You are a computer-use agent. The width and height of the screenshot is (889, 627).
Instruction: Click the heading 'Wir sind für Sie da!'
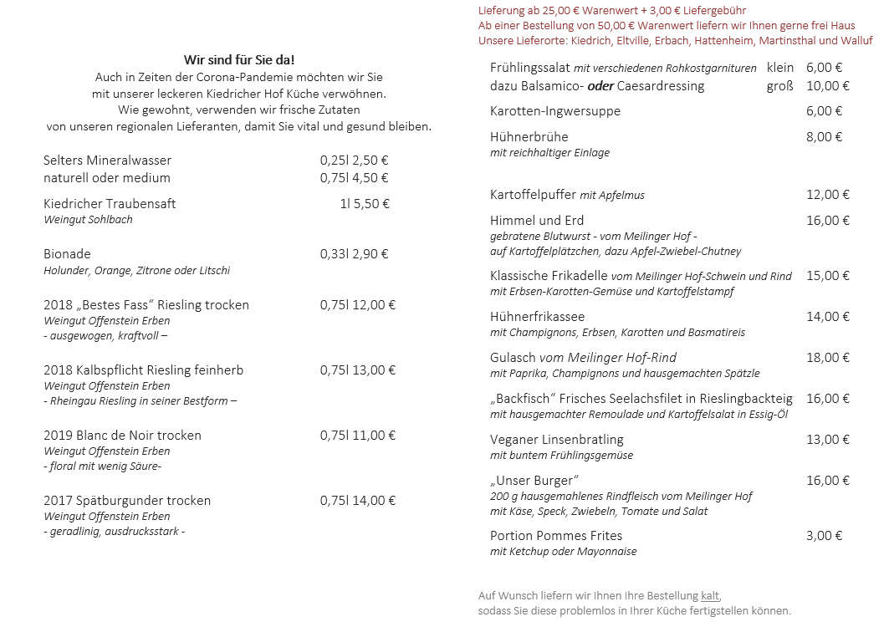[x=239, y=59]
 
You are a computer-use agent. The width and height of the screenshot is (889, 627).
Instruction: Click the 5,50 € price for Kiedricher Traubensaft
[x=371, y=203]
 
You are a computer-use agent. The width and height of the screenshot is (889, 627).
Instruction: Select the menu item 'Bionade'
[x=67, y=254]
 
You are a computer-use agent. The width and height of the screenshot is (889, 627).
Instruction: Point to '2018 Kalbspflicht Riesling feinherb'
[x=143, y=370]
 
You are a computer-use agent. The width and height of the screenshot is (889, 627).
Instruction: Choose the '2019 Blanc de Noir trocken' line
[x=122, y=436]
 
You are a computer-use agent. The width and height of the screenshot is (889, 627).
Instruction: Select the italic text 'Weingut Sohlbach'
[x=88, y=220]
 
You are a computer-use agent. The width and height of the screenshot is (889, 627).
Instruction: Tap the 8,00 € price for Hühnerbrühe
[x=824, y=137]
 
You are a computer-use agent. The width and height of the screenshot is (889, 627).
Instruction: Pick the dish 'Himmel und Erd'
[x=537, y=221]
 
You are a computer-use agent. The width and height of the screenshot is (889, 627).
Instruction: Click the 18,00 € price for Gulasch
[x=827, y=358]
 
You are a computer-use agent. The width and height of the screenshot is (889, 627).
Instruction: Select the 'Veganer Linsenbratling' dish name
[x=556, y=440]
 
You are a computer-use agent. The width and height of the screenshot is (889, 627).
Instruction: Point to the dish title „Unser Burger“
[x=534, y=481]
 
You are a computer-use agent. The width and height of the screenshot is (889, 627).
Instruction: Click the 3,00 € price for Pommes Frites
[x=824, y=536]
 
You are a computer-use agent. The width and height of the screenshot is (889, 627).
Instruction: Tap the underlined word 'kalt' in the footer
[x=710, y=596]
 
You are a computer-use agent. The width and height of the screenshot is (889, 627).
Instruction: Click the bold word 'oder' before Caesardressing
[x=600, y=86]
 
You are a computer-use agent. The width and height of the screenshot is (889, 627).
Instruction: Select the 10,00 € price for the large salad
[x=827, y=86]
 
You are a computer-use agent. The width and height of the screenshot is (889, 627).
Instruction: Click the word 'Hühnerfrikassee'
[x=537, y=317]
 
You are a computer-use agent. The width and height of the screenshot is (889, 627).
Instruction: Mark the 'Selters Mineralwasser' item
[x=107, y=161]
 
